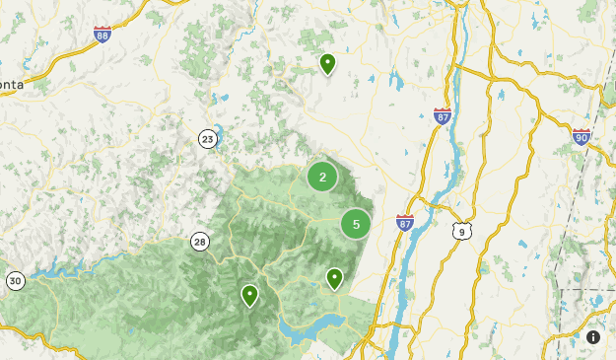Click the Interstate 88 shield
[103, 35]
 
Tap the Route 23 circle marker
[207, 138]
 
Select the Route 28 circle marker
[200, 241]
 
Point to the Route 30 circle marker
[15, 281]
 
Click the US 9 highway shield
[460, 231]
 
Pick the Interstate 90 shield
[582, 136]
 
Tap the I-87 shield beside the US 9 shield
[404, 223]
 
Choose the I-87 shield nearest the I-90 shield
[443, 115]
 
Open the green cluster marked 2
[322, 177]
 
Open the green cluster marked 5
[356, 224]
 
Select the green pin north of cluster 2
[327, 63]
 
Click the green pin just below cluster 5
[335, 278]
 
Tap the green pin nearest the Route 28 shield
[249, 295]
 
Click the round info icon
[593, 337]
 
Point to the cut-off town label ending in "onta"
[12, 85]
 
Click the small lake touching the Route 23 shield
[217, 131]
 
